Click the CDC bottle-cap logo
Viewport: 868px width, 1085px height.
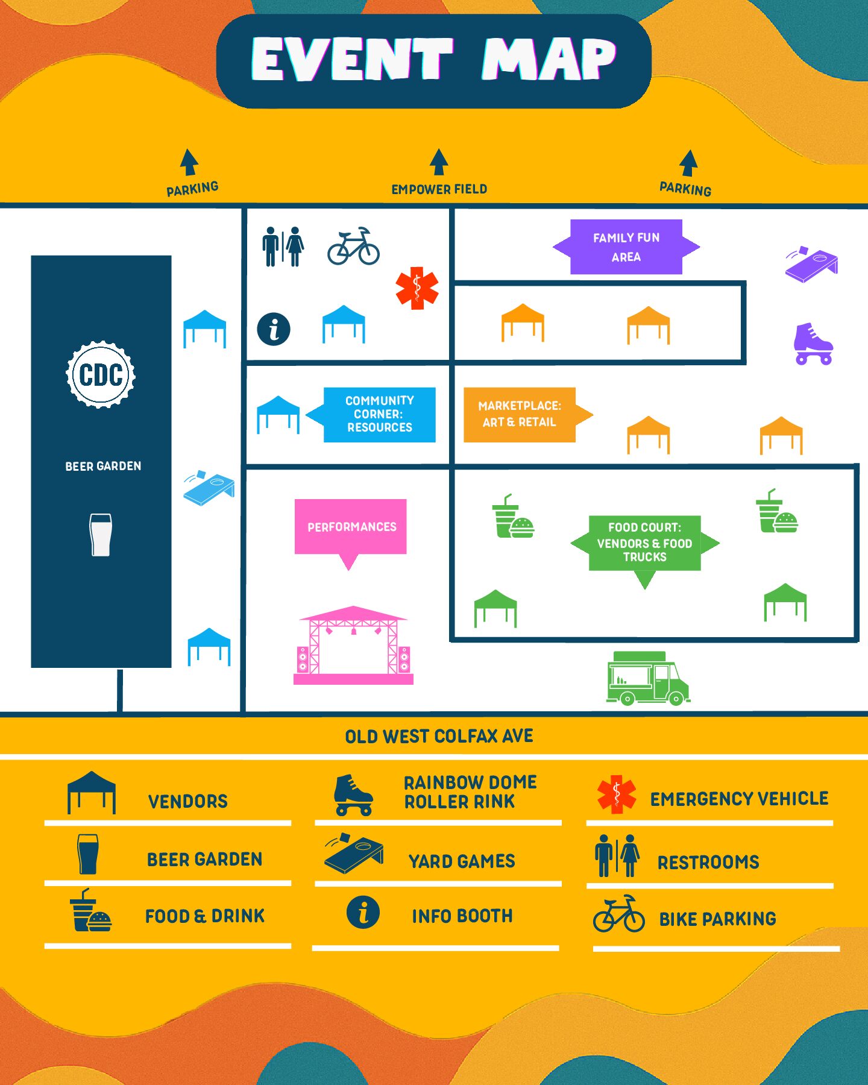(x=101, y=374)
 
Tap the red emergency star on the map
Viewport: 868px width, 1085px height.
(x=417, y=288)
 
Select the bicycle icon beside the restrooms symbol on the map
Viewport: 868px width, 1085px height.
(x=354, y=246)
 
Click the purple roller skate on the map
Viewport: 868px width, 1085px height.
(x=813, y=344)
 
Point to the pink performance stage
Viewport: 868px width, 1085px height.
(x=353, y=645)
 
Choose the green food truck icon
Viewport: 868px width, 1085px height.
(x=648, y=678)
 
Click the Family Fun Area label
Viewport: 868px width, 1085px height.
(x=626, y=247)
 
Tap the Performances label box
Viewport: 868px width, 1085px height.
(x=351, y=527)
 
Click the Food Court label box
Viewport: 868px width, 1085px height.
(x=645, y=543)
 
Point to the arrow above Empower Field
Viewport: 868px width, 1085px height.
(x=439, y=162)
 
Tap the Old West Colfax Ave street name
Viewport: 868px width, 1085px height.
(x=439, y=736)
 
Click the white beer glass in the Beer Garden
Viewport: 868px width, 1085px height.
(x=101, y=535)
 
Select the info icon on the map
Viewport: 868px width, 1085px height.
(x=274, y=329)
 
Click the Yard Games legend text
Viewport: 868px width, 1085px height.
(x=462, y=861)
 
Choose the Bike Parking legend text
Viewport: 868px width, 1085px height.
(x=717, y=919)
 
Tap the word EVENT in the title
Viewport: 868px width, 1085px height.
(x=351, y=59)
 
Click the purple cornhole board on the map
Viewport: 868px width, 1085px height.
(x=811, y=263)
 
